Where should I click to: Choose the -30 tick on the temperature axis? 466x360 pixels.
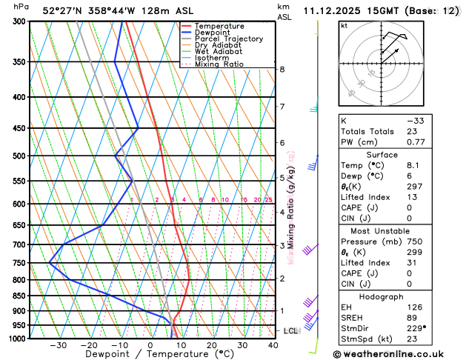tap(58, 345)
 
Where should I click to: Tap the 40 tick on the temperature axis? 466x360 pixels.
tap(273, 345)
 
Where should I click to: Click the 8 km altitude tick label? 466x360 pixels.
tap(282, 70)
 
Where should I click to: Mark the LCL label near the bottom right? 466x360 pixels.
tap(290, 331)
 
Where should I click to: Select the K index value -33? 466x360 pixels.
tap(436, 121)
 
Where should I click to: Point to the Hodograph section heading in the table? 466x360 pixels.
tap(399, 296)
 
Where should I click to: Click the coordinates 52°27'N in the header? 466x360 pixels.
tap(62, 10)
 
